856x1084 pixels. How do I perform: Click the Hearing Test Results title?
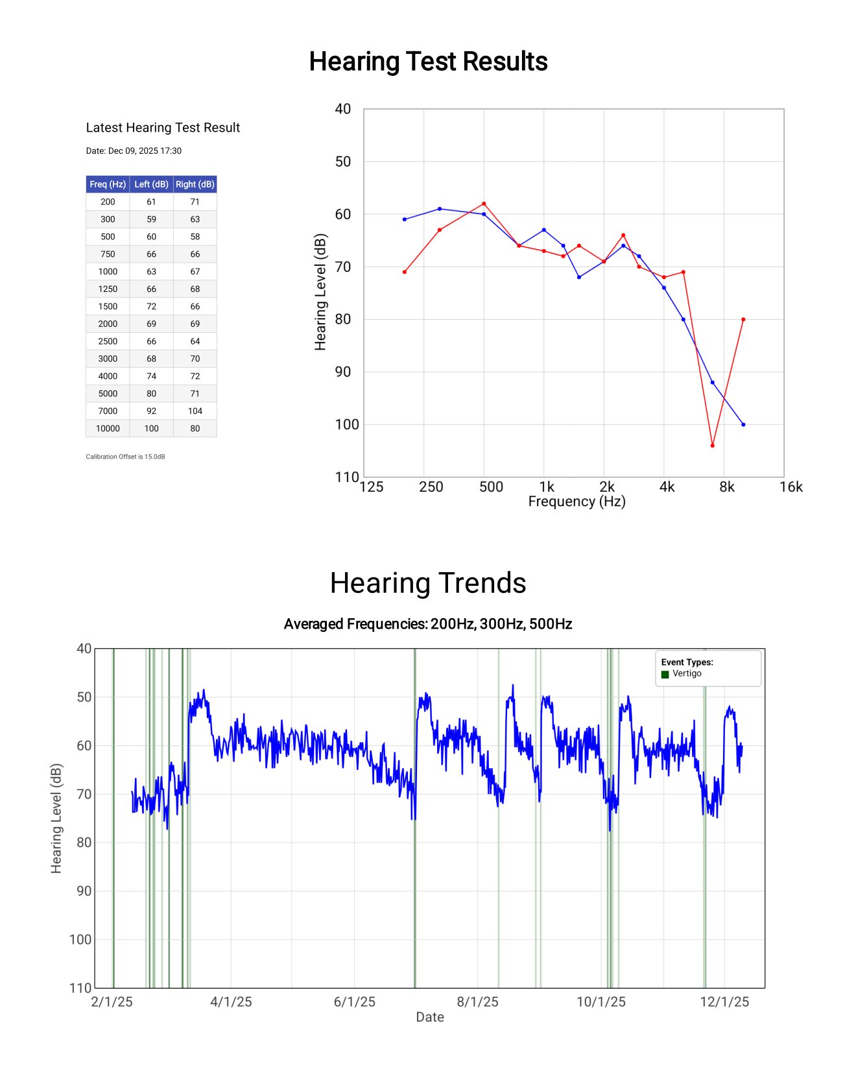[428, 62]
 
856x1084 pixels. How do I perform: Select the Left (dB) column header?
[151, 184]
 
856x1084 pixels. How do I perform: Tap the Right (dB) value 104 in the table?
[195, 411]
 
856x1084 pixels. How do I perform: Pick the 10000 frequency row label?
[108, 428]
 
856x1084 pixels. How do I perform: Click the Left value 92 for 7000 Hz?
[151, 411]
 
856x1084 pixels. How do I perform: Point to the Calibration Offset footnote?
[125, 457]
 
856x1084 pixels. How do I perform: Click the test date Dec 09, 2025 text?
[134, 151]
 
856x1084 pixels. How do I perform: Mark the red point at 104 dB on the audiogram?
[712, 446]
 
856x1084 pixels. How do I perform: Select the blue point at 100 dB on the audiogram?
[743, 424]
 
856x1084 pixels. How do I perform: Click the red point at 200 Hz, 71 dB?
[405, 272]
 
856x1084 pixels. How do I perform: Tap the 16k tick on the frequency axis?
[791, 487]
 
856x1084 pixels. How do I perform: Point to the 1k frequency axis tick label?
[547, 487]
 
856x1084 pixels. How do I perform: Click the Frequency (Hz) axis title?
[577, 501]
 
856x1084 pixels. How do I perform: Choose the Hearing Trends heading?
[428, 583]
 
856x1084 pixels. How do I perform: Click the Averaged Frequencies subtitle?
[428, 624]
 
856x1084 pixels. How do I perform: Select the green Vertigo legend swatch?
[665, 674]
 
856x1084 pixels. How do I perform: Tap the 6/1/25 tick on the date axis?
[354, 1002]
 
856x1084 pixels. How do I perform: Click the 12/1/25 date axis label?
[724, 1002]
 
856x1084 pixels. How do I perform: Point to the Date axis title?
[430, 1017]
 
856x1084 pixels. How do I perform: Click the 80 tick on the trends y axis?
[84, 842]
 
